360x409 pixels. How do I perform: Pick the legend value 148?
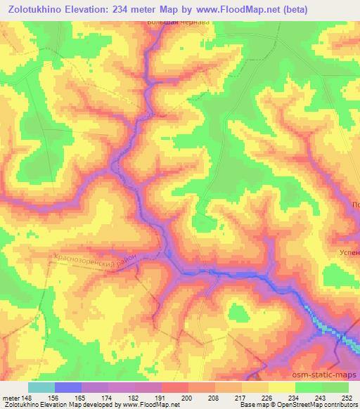click(27, 397)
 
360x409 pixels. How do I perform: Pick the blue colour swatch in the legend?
click(67, 387)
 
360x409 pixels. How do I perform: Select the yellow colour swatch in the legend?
click(281, 387)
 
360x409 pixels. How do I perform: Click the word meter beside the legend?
click(11, 397)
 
